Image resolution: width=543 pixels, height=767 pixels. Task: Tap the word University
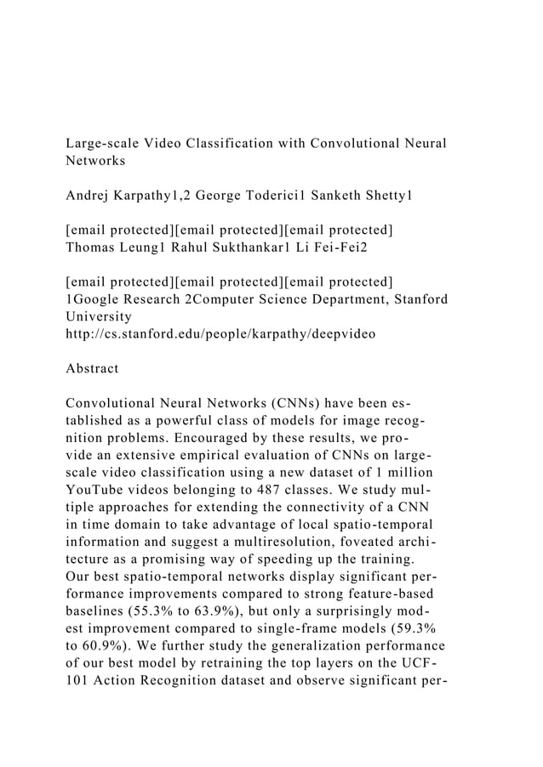pos(98,316)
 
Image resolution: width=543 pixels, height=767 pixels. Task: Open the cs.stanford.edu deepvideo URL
pos(220,334)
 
